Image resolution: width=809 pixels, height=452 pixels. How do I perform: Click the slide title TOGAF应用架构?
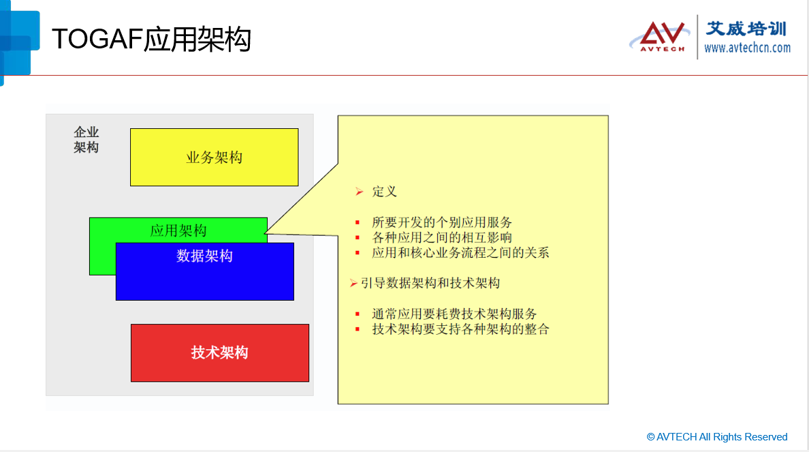[x=151, y=40]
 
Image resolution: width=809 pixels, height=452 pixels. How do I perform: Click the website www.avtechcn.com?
[x=747, y=48]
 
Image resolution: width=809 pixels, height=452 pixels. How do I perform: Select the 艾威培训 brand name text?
[x=746, y=29]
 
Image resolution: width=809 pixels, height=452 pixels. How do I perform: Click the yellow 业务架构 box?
[x=214, y=157]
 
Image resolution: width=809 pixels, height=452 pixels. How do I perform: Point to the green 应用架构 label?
[x=178, y=230]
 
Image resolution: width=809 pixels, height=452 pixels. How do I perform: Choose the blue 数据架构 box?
[x=205, y=271]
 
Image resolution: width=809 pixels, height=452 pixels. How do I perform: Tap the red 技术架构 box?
[x=220, y=353]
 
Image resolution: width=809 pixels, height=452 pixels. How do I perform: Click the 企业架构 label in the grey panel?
[x=86, y=140]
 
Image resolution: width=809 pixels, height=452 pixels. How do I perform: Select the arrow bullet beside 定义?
[x=359, y=192]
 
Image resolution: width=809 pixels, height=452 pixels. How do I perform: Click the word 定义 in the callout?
[x=384, y=192]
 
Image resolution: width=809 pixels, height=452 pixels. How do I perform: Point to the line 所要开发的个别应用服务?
[x=442, y=222]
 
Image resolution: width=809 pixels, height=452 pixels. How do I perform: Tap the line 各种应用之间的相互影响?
[x=442, y=237]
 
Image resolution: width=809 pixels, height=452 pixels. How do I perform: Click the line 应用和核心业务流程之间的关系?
[x=460, y=253]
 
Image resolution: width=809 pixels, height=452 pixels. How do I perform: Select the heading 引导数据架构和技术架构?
[x=430, y=283]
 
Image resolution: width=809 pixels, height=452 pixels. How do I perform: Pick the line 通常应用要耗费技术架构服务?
[x=454, y=314]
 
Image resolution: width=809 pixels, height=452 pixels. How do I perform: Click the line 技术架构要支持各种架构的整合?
[x=460, y=329]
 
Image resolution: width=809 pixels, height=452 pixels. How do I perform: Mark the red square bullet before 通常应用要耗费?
[x=357, y=314]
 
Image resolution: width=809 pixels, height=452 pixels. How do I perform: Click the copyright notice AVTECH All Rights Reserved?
[x=717, y=437]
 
